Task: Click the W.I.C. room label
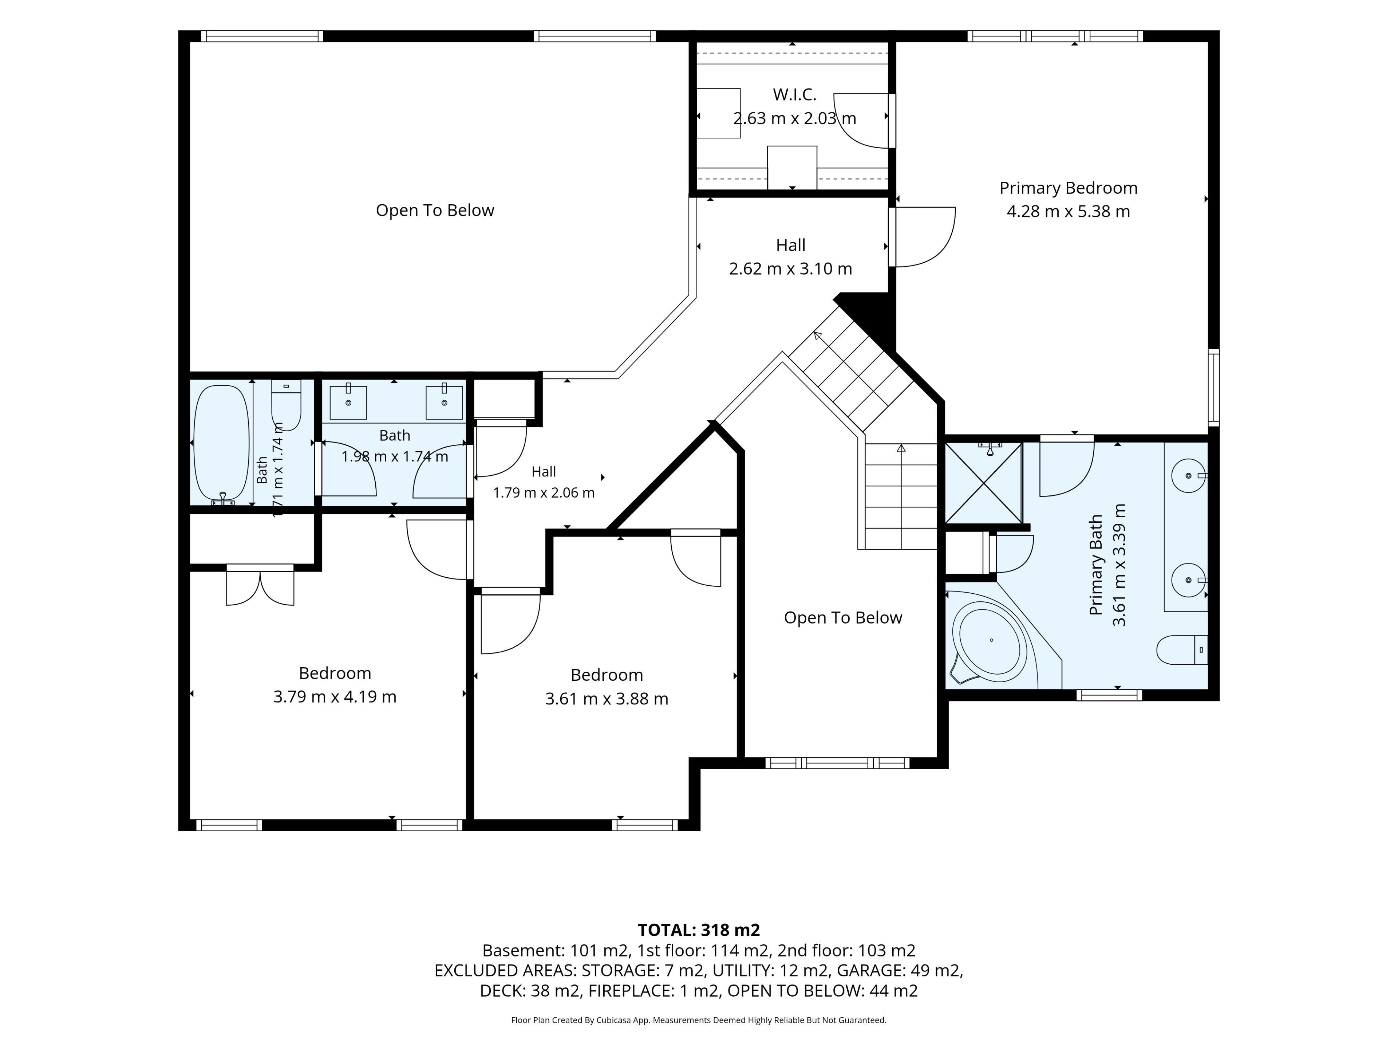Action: point(794,95)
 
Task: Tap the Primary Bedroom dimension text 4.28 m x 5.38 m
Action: point(1068,211)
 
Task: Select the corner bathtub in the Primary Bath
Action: point(991,641)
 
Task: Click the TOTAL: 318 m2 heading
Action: point(698,930)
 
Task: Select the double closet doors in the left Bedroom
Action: point(260,586)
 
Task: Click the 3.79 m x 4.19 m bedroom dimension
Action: point(335,697)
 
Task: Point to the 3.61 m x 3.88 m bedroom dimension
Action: point(607,699)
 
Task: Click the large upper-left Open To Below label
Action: point(435,211)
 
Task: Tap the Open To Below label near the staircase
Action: point(843,618)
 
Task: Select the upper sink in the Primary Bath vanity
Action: point(1188,475)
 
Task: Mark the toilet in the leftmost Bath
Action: point(286,405)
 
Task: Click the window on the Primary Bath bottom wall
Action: point(1109,695)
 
